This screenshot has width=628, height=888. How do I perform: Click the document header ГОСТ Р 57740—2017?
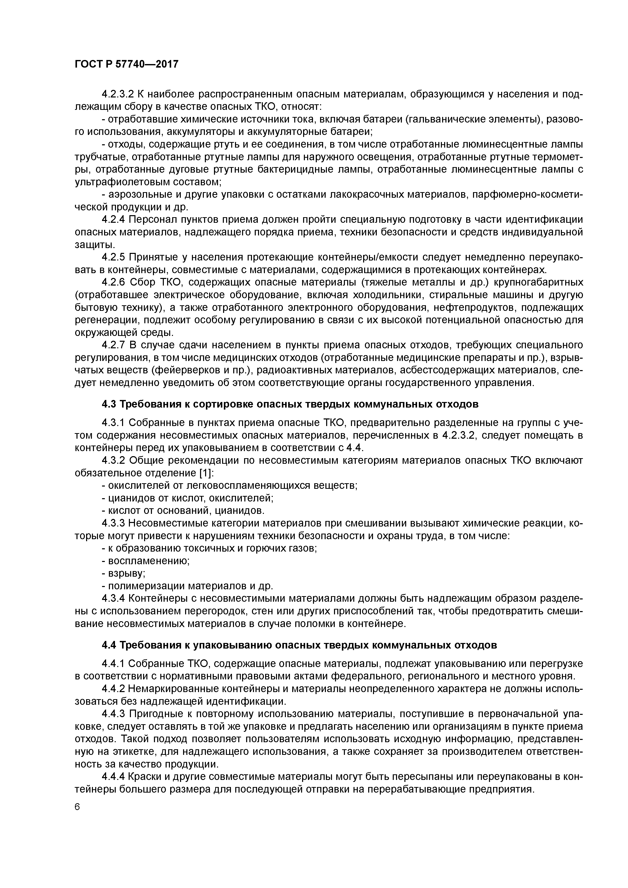point(127,64)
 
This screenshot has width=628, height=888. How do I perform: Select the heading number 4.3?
point(109,404)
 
